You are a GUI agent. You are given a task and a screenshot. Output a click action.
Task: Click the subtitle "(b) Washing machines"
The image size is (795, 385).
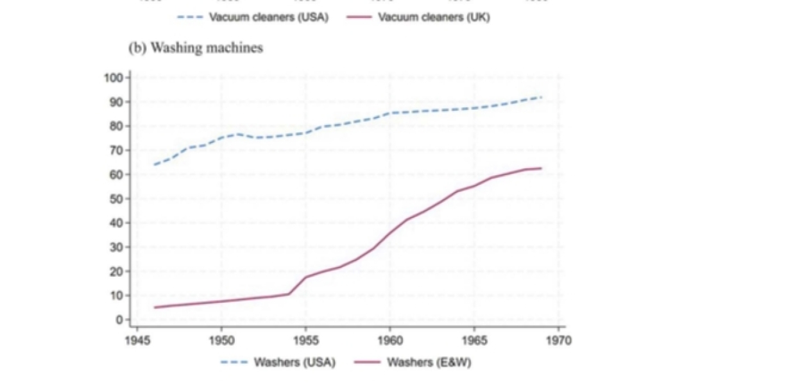click(x=196, y=48)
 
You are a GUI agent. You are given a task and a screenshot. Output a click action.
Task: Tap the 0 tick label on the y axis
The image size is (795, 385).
click(x=119, y=320)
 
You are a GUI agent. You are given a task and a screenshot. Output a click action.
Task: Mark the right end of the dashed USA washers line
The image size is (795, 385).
click(x=542, y=97)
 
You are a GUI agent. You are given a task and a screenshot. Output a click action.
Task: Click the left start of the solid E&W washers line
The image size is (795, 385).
click(x=154, y=307)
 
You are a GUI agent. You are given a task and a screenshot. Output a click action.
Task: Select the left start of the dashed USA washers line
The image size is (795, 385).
click(x=154, y=165)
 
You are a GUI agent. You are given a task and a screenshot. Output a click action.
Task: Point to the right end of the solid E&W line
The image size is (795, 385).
click(x=542, y=168)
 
